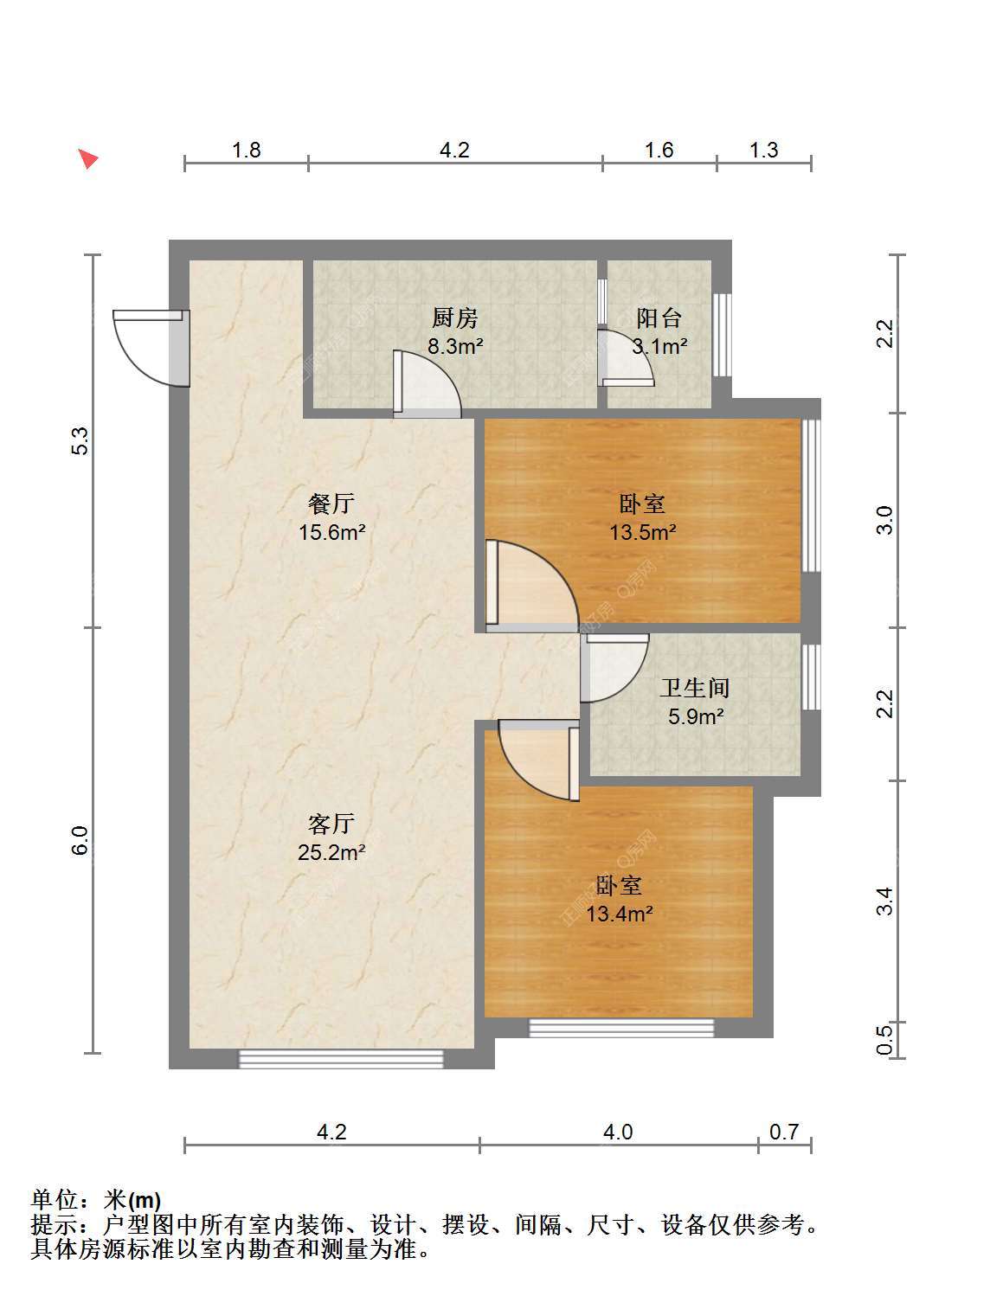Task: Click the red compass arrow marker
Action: [x=89, y=159]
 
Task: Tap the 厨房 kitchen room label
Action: [x=455, y=318]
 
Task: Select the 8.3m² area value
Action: [x=455, y=346]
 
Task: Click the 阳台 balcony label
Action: [x=659, y=318]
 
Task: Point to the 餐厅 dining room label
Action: [x=331, y=504]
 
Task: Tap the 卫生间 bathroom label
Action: [x=696, y=688]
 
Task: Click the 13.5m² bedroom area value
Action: [x=643, y=531]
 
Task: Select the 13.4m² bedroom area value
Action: [x=620, y=914]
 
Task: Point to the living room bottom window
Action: [x=341, y=1059]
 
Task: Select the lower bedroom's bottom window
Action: [x=621, y=1028]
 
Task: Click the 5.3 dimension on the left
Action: [x=80, y=441]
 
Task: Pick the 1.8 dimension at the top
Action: [x=247, y=150]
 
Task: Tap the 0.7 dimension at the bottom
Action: [x=784, y=1132]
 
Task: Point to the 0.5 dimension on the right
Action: [x=885, y=1040]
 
